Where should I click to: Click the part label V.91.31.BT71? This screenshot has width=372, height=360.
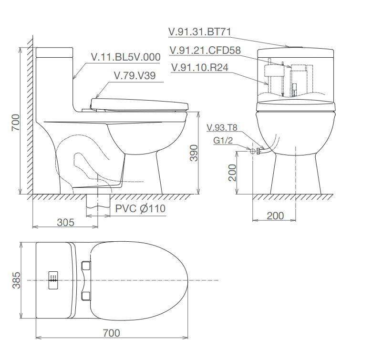click(199, 32)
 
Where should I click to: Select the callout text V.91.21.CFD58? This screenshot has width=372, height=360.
click(205, 50)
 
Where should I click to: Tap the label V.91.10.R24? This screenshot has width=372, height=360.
click(199, 68)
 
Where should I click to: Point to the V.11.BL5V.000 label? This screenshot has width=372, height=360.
click(125, 57)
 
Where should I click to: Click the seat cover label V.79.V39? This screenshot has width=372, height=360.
click(135, 76)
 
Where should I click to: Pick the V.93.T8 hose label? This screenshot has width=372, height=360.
click(222, 128)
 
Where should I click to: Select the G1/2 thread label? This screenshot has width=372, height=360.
click(223, 140)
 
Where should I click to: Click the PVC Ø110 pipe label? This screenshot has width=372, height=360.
click(140, 209)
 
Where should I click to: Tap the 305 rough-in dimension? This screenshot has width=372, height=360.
click(65, 223)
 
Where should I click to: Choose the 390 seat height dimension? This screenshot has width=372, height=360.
click(194, 153)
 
